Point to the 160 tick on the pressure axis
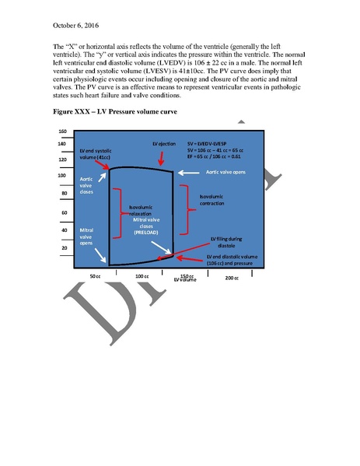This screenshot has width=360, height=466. pos(62,131)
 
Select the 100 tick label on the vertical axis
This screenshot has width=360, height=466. pos(62,176)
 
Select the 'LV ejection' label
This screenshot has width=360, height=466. pos(166,145)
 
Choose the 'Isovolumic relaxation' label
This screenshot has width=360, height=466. pos(140,211)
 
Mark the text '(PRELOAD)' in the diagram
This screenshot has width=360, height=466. pos(147,233)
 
